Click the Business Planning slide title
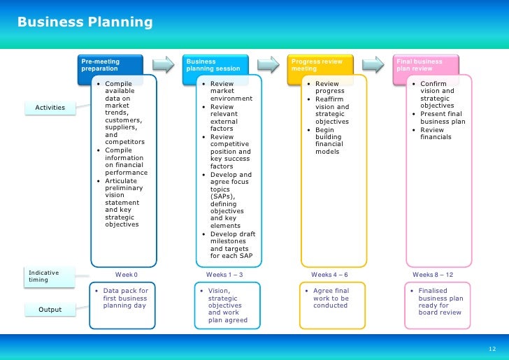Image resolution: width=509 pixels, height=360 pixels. click(85, 22)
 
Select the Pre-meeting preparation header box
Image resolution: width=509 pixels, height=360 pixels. click(111, 65)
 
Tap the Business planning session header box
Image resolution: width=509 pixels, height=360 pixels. click(217, 65)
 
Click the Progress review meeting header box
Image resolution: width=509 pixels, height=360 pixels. click(322, 65)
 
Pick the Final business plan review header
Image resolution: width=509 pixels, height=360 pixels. click(426, 65)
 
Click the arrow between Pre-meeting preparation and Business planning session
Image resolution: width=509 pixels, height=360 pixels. click(164, 64)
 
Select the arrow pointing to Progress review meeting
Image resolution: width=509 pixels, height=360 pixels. click(268, 64)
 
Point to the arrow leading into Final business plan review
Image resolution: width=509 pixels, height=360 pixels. click(374, 64)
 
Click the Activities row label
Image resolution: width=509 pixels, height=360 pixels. click(50, 108)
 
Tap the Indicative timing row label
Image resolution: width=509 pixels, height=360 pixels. click(50, 276)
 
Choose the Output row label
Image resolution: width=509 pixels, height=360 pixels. click(50, 310)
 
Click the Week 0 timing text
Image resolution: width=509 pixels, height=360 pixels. click(127, 275)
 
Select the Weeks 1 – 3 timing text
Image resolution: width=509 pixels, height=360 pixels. click(224, 275)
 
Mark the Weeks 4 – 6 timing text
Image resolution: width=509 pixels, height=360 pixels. click(329, 275)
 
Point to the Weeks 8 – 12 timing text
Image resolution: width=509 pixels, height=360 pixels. click(433, 275)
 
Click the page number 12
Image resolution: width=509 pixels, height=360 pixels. click(492, 349)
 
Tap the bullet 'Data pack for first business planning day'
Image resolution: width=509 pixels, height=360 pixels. click(125, 298)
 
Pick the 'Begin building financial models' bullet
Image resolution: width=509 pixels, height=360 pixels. click(329, 141)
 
